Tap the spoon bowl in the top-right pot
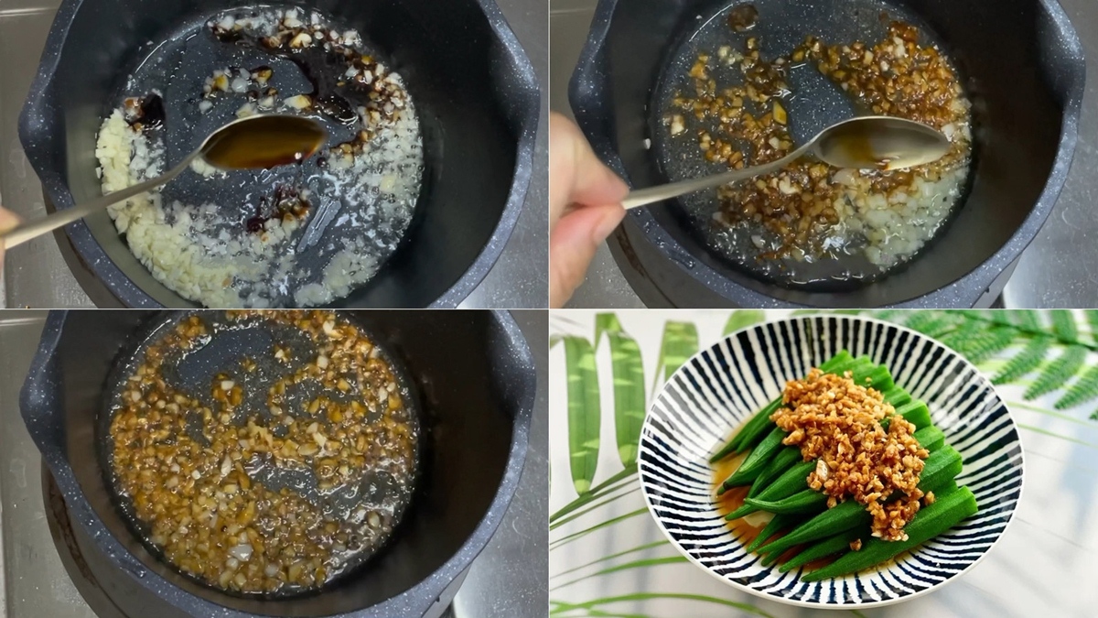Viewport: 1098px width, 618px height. [883, 143]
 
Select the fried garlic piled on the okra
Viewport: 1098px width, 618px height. [851, 449]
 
